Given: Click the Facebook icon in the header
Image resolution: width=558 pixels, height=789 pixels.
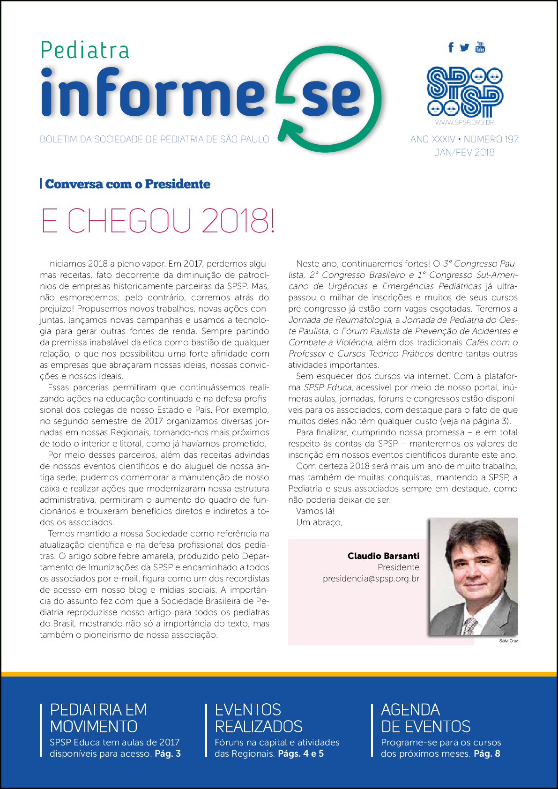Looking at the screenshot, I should tap(451, 47).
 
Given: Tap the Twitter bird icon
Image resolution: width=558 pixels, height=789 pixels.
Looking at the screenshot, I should tap(464, 47).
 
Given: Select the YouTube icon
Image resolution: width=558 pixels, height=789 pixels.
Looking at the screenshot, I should tap(480, 47).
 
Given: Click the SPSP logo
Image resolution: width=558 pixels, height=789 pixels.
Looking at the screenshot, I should tap(464, 92).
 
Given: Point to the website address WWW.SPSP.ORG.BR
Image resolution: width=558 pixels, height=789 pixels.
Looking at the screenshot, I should tap(464, 123).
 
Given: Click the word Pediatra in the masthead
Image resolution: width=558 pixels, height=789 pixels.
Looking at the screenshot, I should tap(85, 51).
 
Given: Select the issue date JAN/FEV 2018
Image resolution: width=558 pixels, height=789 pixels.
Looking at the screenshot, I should tap(464, 152).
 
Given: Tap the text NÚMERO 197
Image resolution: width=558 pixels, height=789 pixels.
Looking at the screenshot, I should tap(491, 139).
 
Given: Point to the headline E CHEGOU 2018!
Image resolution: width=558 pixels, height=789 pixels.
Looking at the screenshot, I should tap(158, 221).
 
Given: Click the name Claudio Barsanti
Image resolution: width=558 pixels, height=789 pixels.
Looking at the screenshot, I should tap(383, 556).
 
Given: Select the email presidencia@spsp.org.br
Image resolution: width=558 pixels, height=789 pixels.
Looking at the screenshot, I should tap(371, 579).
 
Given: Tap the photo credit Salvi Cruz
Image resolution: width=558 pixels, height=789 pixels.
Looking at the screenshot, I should tap(508, 641).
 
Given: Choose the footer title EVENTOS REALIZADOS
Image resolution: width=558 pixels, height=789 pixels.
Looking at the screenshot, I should tap(258, 718).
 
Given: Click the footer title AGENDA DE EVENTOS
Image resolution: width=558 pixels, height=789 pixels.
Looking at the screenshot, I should tap(425, 718).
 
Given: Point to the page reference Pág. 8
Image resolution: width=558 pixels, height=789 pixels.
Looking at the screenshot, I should tap(487, 754).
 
